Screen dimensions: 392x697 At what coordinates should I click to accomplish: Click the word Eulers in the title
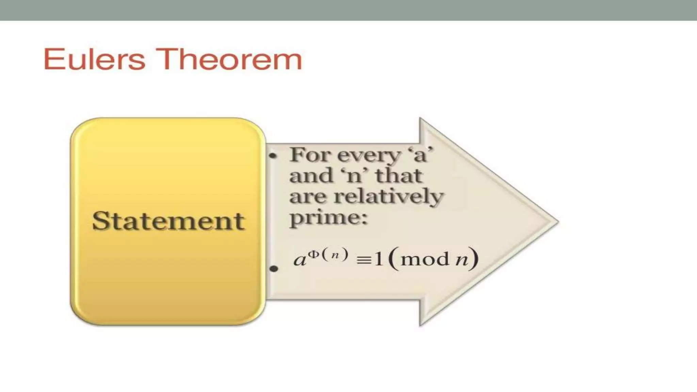94,59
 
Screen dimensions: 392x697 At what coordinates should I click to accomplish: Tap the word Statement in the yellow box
168,221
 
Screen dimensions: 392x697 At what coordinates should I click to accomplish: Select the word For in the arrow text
310,155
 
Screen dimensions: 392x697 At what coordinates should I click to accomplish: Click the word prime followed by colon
325,218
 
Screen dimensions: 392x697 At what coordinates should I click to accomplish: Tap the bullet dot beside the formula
273,269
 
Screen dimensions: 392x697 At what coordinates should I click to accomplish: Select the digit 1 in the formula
378,259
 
